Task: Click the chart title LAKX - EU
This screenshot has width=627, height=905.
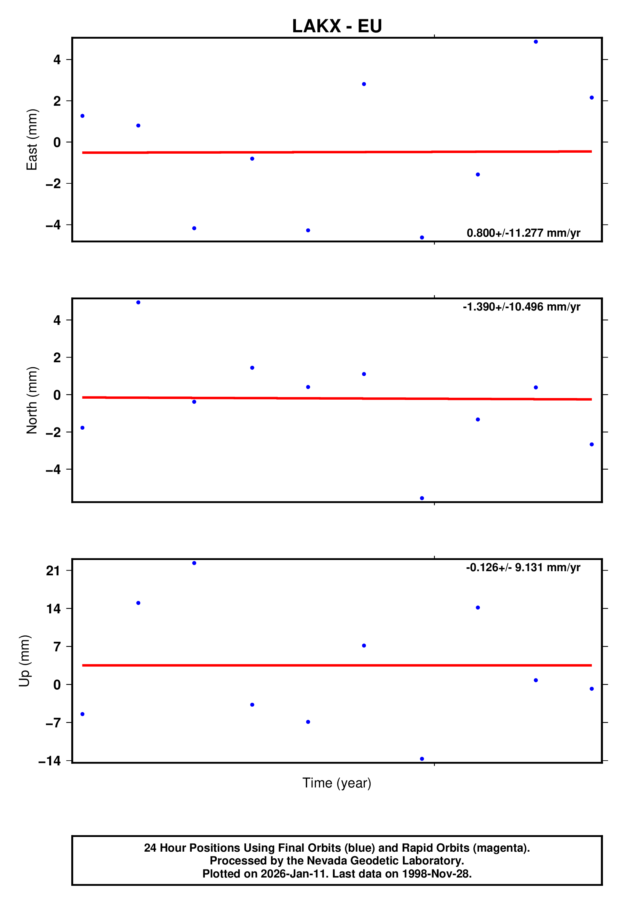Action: coord(337,26)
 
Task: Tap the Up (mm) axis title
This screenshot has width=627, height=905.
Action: coord(24,661)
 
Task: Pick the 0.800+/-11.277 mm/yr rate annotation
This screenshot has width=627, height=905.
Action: coord(523,233)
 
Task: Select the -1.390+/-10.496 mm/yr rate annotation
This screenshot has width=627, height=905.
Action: coord(521,307)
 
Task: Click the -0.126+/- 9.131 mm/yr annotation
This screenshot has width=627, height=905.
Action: coord(523,567)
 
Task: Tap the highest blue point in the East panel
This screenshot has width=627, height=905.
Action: coord(536,42)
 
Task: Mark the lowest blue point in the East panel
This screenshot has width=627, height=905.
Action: coord(422,238)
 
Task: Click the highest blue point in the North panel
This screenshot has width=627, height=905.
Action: coord(138,302)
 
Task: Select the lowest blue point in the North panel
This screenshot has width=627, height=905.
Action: coord(422,498)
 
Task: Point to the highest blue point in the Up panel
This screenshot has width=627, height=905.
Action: coord(194,563)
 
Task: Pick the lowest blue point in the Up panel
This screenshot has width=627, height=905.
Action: coord(422,759)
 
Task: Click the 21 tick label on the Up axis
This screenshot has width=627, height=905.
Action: coord(53,571)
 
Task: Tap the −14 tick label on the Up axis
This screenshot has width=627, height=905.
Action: coord(50,761)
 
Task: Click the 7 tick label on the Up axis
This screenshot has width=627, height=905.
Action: coord(57,647)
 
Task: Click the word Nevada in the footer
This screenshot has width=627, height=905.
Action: coord(326,861)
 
